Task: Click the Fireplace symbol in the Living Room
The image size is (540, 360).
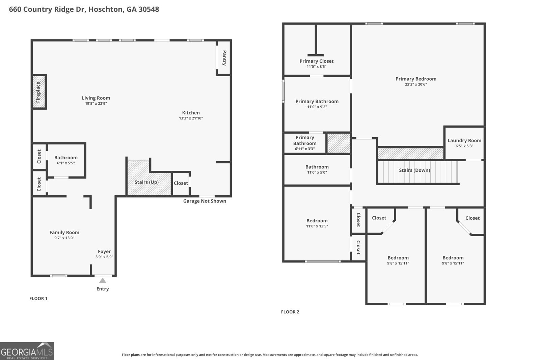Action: (x=39, y=92)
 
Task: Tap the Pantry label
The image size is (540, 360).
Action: (x=224, y=58)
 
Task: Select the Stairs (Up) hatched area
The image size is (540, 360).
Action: (x=146, y=182)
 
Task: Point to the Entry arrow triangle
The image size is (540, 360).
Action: (x=103, y=281)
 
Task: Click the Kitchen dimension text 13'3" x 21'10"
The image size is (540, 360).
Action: (x=191, y=118)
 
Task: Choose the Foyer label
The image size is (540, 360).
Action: (x=104, y=251)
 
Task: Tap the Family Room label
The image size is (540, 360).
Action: (x=64, y=232)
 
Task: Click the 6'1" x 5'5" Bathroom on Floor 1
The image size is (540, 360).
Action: (x=66, y=160)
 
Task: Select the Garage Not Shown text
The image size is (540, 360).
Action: (x=205, y=201)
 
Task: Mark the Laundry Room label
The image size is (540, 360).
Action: (x=464, y=141)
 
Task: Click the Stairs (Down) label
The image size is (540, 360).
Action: (x=414, y=170)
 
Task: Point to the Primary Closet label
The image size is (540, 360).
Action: (x=316, y=61)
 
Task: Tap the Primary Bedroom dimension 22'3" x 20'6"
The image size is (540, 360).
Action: (x=416, y=84)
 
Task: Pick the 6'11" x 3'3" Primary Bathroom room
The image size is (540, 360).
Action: (x=305, y=143)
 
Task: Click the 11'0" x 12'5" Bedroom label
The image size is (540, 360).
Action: (x=317, y=221)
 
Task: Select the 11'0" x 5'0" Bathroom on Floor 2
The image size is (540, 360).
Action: (x=317, y=169)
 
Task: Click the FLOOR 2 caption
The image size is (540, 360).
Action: (x=290, y=312)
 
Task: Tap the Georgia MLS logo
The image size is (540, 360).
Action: (x=27, y=351)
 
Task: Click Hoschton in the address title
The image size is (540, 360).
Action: (x=107, y=9)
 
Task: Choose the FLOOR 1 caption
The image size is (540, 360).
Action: (x=38, y=298)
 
